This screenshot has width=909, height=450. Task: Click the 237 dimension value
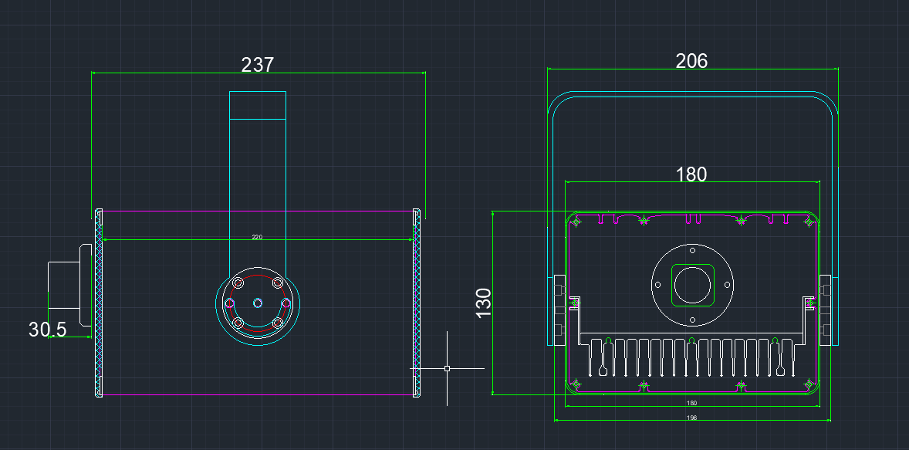(258, 65)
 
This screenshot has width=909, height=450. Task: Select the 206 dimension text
(691, 61)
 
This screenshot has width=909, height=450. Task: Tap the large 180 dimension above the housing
(691, 174)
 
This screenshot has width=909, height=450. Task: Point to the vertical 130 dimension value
(484, 303)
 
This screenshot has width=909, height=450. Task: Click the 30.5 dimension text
(48, 330)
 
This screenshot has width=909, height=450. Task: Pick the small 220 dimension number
(257, 237)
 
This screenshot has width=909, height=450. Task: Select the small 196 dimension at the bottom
(691, 418)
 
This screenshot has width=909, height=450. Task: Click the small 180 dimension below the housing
(691, 403)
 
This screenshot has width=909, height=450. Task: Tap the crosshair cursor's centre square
(447, 369)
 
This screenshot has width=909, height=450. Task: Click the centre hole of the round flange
(259, 303)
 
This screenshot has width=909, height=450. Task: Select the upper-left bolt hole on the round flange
(238, 283)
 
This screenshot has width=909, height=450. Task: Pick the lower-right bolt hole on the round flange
(278, 322)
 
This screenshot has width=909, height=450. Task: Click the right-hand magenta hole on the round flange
(286, 303)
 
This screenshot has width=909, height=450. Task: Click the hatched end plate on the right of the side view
(417, 303)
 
